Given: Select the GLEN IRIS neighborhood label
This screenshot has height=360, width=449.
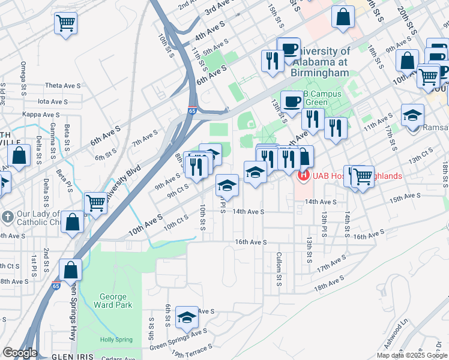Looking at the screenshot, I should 72,356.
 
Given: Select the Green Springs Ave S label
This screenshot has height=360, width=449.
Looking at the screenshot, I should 178,331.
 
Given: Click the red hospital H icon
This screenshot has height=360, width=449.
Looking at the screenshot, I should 304,176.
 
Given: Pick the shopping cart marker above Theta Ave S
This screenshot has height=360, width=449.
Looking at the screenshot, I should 65,24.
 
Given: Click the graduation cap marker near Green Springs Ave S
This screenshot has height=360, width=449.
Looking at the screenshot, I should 187,319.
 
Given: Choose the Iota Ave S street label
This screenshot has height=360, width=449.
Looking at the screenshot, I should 52,102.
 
